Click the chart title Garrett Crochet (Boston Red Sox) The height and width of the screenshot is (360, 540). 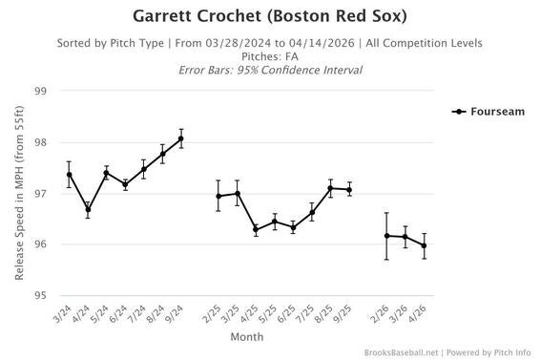tap(269, 16)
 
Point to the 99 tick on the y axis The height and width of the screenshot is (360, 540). tap(40, 92)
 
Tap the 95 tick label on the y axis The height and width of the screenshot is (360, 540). tap(40, 296)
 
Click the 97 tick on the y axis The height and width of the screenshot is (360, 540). tap(40, 194)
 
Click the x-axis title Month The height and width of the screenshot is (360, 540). tap(247, 337)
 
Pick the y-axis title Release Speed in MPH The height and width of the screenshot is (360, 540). tap(19, 193)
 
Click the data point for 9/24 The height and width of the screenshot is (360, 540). tap(181, 138)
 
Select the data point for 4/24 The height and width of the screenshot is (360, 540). tap(88, 209)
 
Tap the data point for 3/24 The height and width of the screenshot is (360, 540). tap(70, 175)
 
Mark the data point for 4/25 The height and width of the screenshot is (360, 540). tap(256, 229)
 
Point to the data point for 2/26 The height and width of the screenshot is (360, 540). tap(386, 236)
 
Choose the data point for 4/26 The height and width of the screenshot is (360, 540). tap(424, 245)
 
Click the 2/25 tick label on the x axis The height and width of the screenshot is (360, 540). tap(215, 313)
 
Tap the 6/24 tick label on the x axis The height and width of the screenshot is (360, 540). tap(121, 313)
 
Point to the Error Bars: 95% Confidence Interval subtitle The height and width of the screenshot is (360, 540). tap(269, 71)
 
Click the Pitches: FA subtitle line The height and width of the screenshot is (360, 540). tap(269, 56)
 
